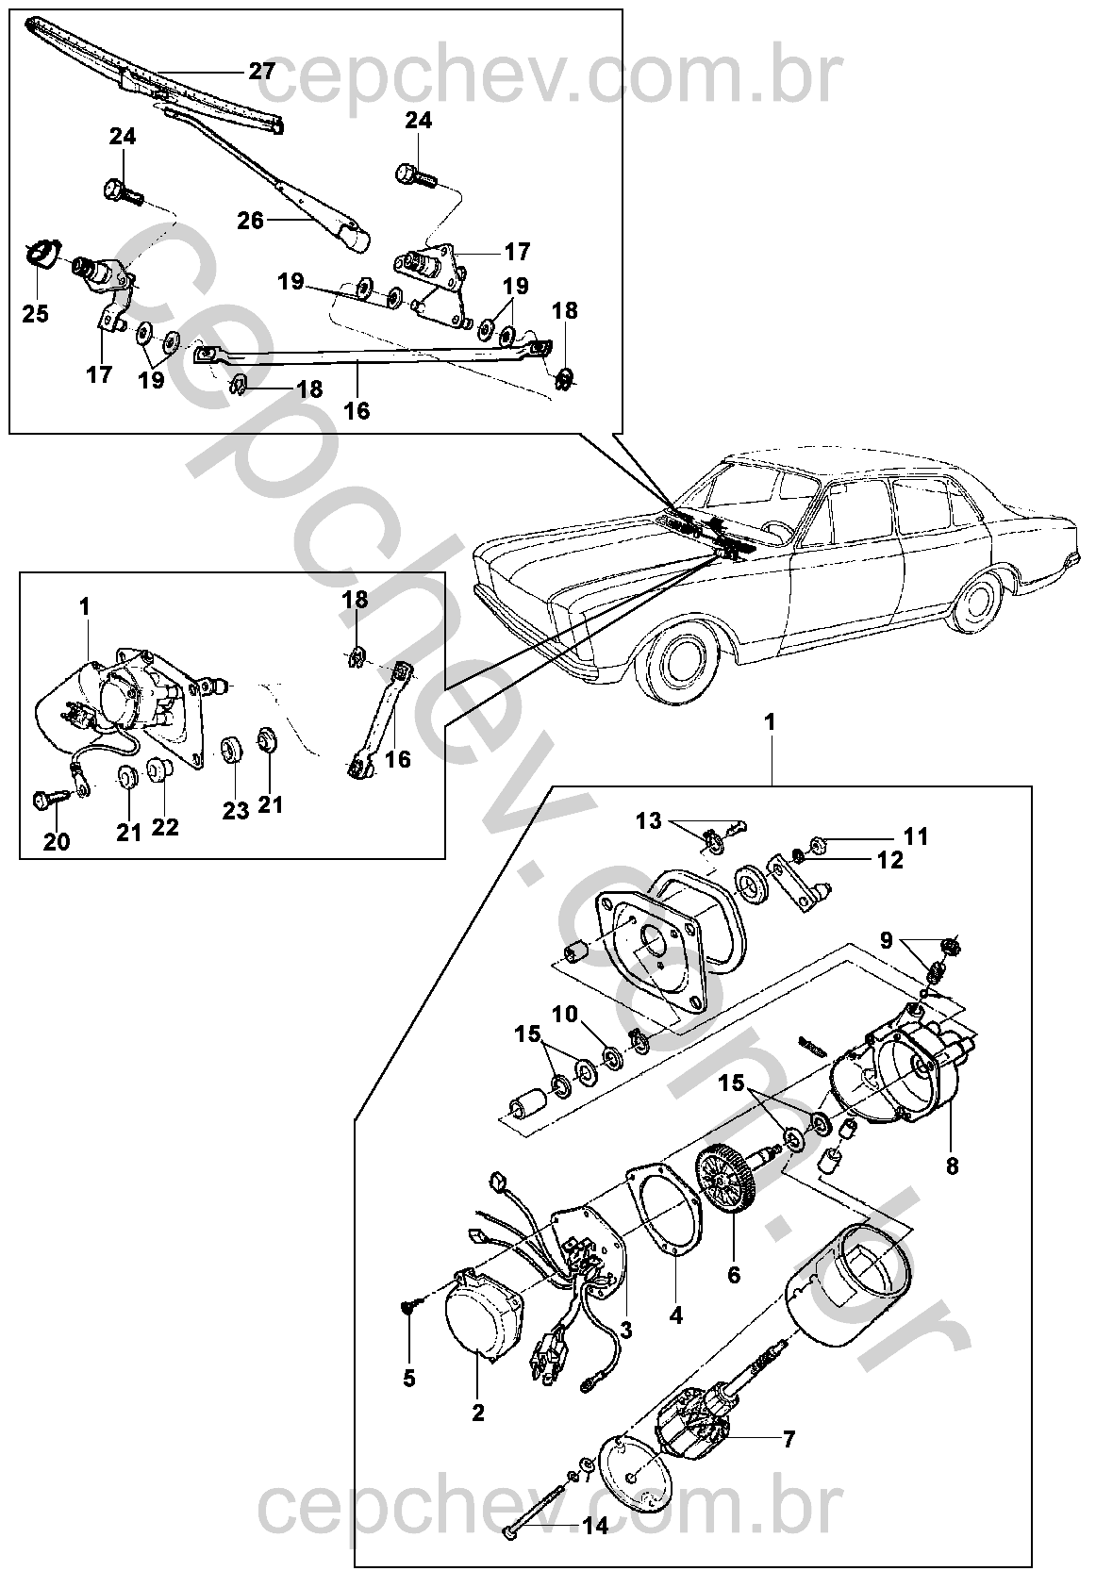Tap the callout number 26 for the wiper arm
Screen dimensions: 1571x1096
(x=251, y=222)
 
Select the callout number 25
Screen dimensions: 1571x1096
(x=36, y=313)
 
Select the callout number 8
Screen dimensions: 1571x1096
(x=952, y=1166)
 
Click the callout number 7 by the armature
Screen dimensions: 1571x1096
(x=789, y=1439)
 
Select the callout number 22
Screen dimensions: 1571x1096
(x=167, y=827)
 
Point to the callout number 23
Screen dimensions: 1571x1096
(x=236, y=809)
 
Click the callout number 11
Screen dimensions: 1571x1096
(x=916, y=835)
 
